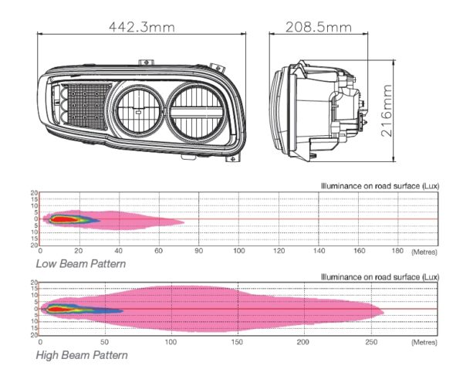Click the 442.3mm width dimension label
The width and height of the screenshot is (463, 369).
coord(142,27)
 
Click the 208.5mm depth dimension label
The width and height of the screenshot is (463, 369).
coord(319,27)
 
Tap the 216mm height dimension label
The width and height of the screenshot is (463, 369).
coord(387,111)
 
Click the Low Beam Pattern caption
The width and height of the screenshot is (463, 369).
coord(81,263)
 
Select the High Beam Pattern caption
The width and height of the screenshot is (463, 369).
coord(82,355)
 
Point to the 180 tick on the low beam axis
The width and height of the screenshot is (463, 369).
coord(397,251)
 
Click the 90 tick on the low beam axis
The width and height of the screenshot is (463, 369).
coord(199,251)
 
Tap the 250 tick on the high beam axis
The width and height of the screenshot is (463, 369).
coord(371,342)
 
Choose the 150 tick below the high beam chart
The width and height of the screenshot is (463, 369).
coord(237,342)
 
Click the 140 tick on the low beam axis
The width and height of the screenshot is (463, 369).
coord(319,251)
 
